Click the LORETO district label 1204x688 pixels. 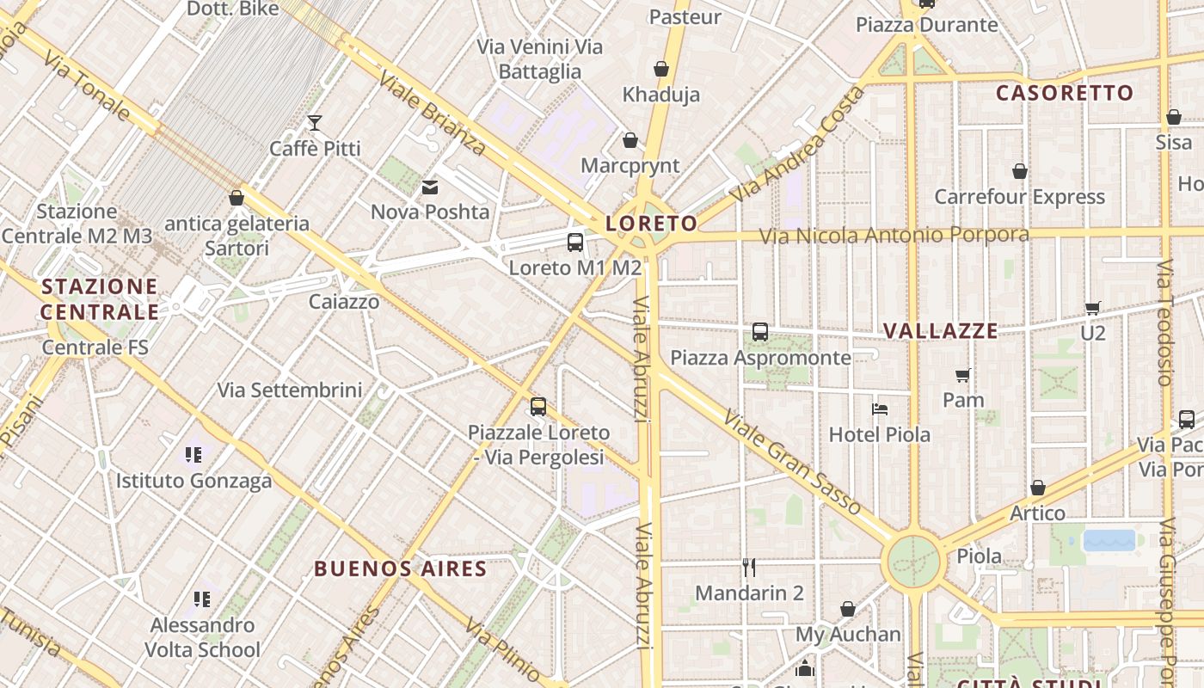tap(651, 224)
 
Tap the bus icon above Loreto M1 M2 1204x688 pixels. tap(575, 243)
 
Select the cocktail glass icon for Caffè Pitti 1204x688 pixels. tap(315, 123)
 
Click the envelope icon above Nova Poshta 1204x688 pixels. tap(429, 187)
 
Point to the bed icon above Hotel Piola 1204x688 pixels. tap(879, 409)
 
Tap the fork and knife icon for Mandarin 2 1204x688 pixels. tap(749, 568)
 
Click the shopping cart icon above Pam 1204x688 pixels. tap(963, 375)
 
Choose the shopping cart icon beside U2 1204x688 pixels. tap(1092, 308)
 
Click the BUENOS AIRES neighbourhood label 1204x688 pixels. tap(400, 568)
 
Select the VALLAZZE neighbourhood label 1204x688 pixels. tap(941, 331)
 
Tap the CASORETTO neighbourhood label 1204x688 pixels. tap(1065, 93)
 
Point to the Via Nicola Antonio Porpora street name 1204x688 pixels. tap(894, 235)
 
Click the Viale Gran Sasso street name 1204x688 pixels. tap(792, 462)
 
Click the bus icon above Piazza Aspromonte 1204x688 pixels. tap(760, 331)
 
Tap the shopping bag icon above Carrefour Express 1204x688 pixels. tap(1019, 171)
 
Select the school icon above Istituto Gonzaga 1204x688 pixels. tap(193, 454)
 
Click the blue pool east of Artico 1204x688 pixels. tap(1109, 540)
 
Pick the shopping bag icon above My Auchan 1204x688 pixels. tap(848, 609)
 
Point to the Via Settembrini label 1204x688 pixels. tap(289, 390)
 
